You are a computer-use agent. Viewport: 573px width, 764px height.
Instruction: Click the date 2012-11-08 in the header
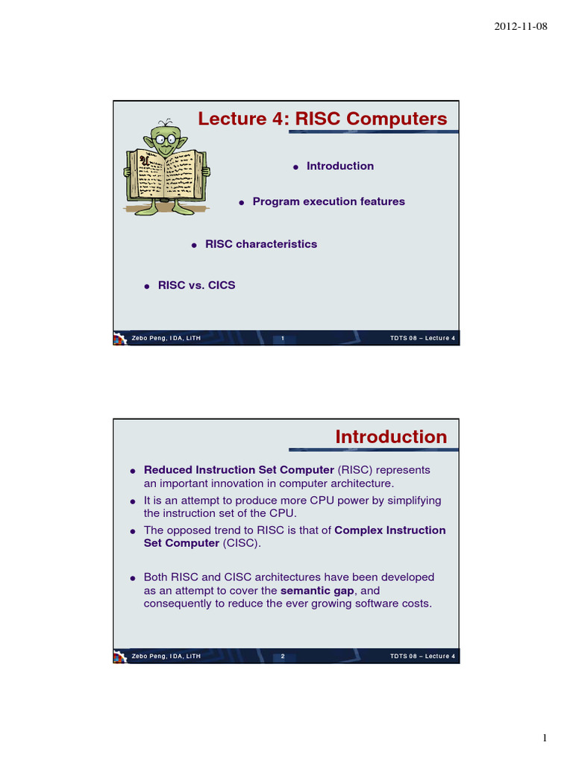click(x=521, y=27)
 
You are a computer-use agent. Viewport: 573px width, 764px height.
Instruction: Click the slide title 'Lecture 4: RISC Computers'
click(x=322, y=119)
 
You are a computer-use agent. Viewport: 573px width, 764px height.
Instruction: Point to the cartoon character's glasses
click(x=164, y=138)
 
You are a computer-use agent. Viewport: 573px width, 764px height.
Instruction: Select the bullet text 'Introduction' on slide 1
click(x=340, y=166)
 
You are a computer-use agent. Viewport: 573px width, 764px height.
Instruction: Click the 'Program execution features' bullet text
click(x=328, y=201)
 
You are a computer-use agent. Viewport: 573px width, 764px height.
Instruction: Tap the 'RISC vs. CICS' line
click(x=196, y=286)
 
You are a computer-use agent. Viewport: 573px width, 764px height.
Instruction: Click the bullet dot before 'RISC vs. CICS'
click(x=147, y=286)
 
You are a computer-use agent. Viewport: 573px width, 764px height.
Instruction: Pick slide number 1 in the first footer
click(x=283, y=339)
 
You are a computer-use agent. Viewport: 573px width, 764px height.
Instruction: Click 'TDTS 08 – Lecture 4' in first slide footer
click(x=422, y=339)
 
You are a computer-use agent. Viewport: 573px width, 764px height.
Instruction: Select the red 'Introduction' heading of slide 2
click(x=391, y=436)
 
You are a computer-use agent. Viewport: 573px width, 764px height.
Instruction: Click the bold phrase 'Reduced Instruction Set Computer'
click(x=239, y=470)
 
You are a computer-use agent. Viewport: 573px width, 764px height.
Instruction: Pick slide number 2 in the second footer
click(x=283, y=657)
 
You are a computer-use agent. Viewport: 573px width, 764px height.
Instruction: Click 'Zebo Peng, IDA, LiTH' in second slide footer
click(x=166, y=657)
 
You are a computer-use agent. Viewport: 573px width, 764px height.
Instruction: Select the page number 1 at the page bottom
click(x=545, y=739)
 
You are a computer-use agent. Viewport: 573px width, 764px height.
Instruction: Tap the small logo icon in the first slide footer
click(x=119, y=339)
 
